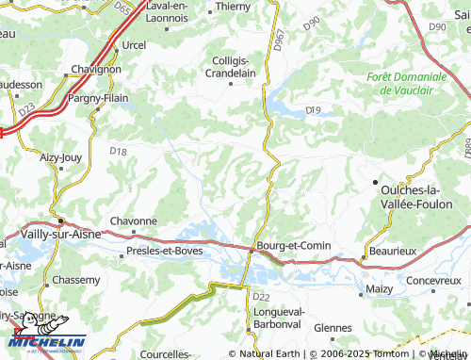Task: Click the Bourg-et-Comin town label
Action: [295, 247]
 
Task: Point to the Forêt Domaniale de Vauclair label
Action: [408, 83]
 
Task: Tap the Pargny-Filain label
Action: [97, 97]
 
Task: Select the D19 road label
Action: [314, 110]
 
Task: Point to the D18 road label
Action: [117, 151]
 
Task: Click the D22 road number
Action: [262, 297]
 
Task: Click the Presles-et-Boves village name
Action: [165, 252]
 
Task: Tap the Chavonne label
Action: [133, 221]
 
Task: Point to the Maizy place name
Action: [380, 289]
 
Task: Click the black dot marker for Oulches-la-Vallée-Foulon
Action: [375, 180]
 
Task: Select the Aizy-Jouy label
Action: [60, 159]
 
